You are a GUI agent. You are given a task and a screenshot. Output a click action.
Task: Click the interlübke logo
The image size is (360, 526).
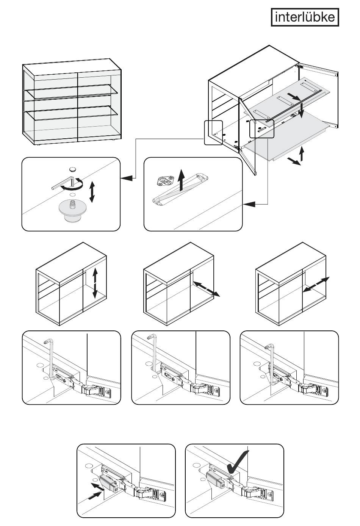[304, 17]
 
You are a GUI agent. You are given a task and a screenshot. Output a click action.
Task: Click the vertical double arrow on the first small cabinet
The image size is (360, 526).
[95, 282]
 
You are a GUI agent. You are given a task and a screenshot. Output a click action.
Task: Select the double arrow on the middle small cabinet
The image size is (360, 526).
[206, 289]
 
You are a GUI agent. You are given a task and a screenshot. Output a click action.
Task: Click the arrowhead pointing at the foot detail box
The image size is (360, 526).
[127, 177]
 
